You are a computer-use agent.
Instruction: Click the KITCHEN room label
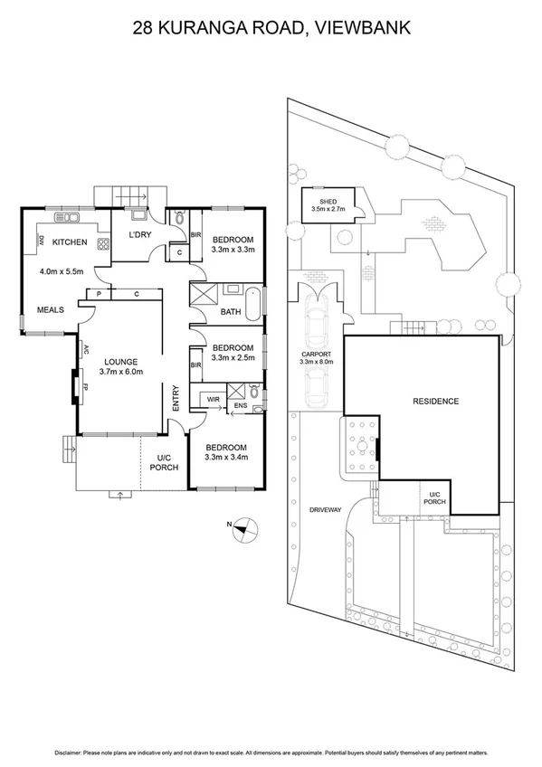click(x=69, y=242)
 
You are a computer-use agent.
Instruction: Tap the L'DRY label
click(x=139, y=235)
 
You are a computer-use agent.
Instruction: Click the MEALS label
click(x=50, y=310)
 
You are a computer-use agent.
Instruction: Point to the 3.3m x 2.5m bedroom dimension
click(x=233, y=357)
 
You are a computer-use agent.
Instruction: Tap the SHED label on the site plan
click(x=328, y=201)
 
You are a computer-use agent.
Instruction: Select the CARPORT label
click(x=317, y=354)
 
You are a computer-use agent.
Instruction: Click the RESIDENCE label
click(x=435, y=401)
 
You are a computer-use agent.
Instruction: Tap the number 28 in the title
click(x=142, y=28)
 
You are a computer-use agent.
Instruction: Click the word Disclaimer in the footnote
click(x=71, y=753)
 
